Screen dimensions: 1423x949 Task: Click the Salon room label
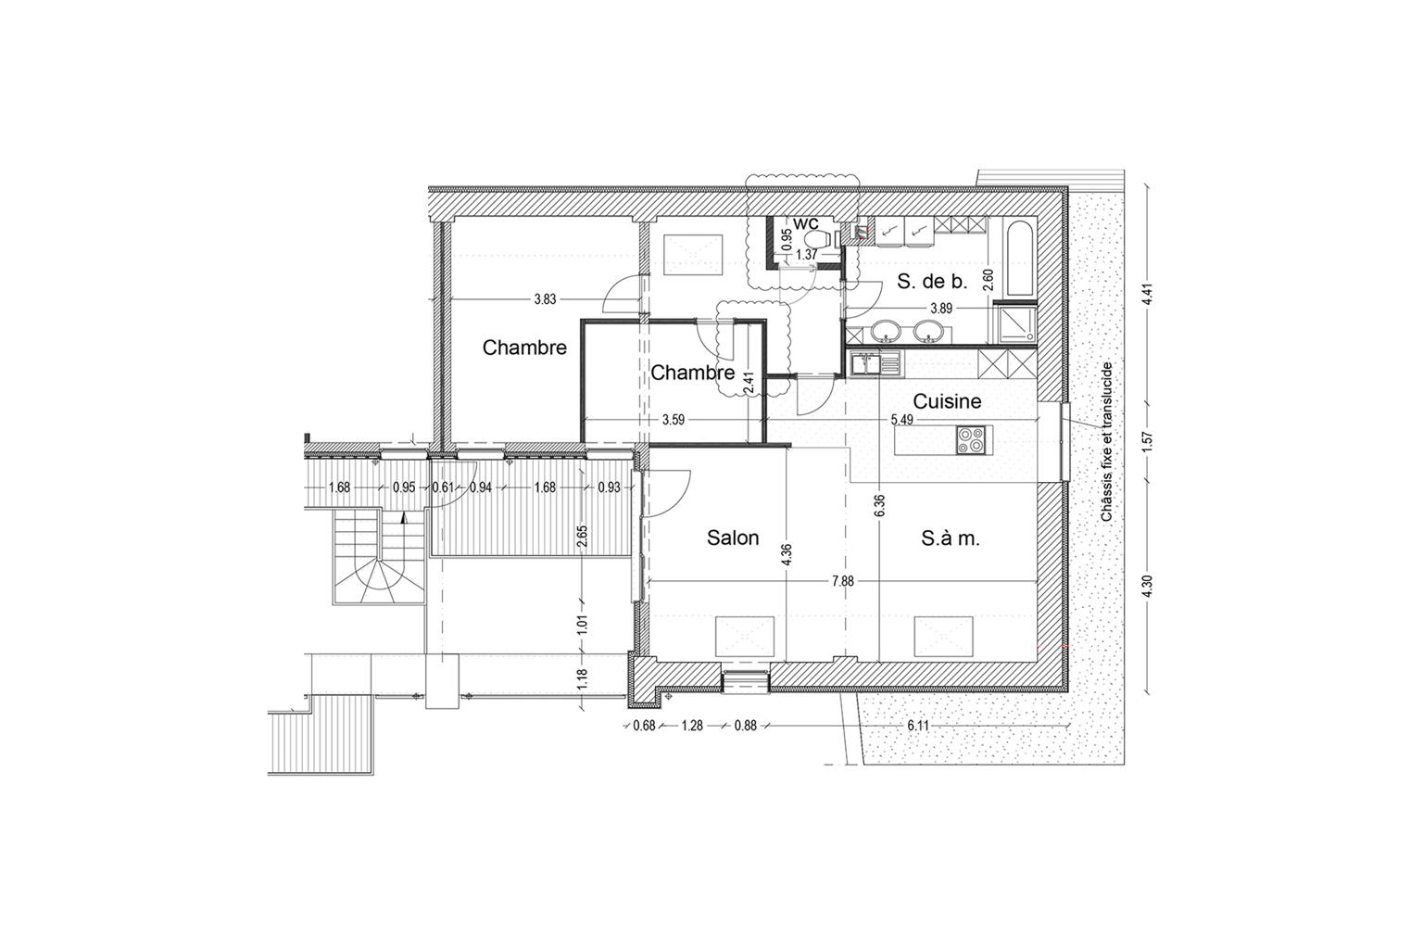[733, 538]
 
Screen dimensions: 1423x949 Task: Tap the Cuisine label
[947, 401]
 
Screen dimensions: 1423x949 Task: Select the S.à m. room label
[951, 538]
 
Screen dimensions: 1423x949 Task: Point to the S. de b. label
[932, 281]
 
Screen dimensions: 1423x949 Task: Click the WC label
[806, 223]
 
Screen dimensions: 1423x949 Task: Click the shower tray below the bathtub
[1017, 325]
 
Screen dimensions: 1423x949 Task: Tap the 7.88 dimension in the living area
[842, 581]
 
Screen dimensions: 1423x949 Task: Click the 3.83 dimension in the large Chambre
[545, 299]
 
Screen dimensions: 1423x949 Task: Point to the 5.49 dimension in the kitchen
[902, 419]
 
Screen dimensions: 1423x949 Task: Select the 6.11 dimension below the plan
[919, 726]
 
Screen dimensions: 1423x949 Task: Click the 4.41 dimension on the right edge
[1147, 294]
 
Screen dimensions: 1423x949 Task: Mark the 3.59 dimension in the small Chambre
[673, 420]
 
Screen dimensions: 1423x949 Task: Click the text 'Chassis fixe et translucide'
[1107, 442]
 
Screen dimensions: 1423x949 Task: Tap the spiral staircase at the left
[379, 559]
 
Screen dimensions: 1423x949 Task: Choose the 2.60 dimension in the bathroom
[989, 280]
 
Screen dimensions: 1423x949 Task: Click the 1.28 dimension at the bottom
[692, 726]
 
